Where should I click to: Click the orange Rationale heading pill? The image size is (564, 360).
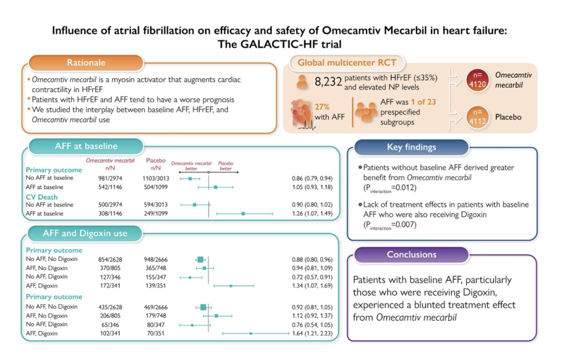tap(86, 63)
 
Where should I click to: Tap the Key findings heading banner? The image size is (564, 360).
tap(412, 147)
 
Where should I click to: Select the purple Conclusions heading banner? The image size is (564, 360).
tap(412, 255)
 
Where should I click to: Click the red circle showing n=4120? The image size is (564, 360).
tap(477, 80)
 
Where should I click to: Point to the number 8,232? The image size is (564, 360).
tap(328, 82)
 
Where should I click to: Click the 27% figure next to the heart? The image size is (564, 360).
tap(322, 107)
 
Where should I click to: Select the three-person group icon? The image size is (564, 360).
tap(366, 111)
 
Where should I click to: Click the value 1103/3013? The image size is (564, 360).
tap(156, 178)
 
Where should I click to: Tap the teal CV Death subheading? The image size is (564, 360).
tap(42, 197)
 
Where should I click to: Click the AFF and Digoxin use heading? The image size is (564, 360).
tap(85, 234)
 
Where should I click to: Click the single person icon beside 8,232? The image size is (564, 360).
tap(302, 82)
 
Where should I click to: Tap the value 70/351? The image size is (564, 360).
tap(156, 333)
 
